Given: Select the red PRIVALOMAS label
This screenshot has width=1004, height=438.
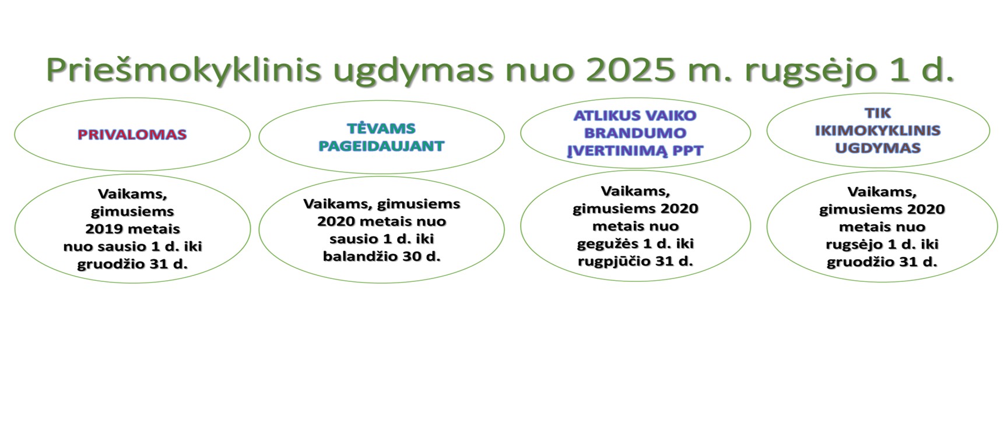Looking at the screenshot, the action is pyautogui.click(x=132, y=135).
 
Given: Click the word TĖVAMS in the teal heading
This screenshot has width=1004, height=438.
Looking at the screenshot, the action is pyautogui.click(x=381, y=128).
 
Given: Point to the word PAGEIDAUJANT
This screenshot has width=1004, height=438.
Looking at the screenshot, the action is pyautogui.click(x=381, y=146).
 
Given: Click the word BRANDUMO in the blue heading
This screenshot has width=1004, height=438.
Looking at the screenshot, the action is pyautogui.click(x=636, y=133).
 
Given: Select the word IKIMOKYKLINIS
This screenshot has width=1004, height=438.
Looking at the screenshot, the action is pyautogui.click(x=877, y=130).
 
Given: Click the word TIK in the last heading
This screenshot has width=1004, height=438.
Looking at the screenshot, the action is pyautogui.click(x=877, y=113).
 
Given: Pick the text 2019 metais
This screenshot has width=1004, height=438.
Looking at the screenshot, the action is pyautogui.click(x=133, y=229).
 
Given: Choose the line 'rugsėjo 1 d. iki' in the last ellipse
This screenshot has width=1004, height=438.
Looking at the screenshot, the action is pyautogui.click(x=882, y=245).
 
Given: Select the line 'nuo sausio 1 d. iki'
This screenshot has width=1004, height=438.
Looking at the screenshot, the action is pyautogui.click(x=133, y=246).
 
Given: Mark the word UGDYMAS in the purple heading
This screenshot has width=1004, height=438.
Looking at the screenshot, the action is pyautogui.click(x=877, y=148).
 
